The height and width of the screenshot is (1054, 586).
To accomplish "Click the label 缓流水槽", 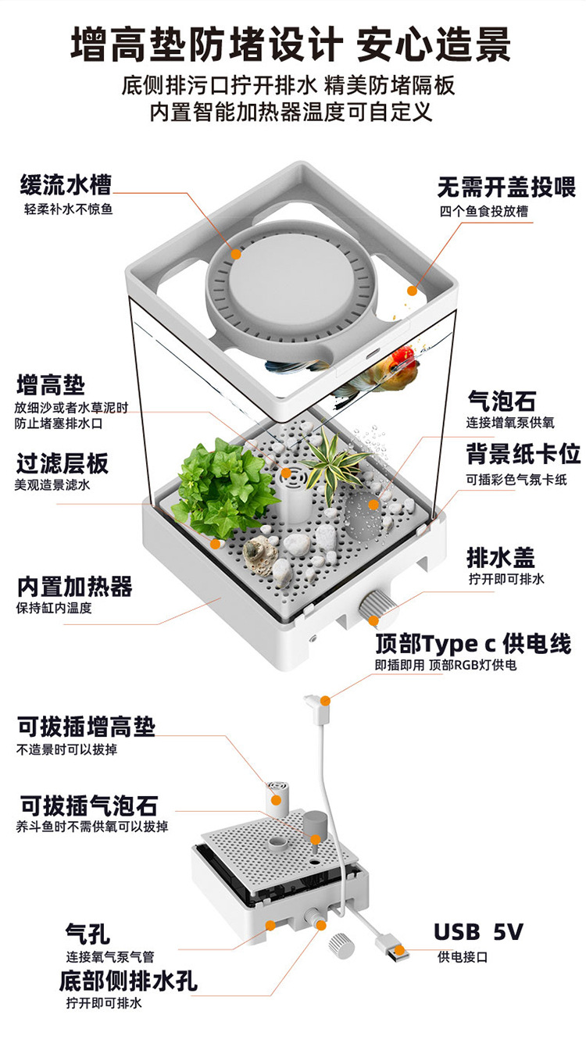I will click(x=66, y=185).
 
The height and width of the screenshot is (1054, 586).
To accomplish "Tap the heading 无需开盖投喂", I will click(x=506, y=188).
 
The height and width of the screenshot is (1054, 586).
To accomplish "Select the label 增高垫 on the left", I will click(x=51, y=385).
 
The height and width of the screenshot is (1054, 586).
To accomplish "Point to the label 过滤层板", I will click(x=63, y=463).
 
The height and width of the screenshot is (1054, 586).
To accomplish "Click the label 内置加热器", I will click(x=74, y=586).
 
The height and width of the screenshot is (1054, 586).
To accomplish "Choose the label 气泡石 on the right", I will click(x=501, y=402).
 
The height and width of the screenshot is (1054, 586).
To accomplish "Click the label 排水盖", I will click(x=501, y=558).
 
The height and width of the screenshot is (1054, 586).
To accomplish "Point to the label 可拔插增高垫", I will click(x=86, y=727).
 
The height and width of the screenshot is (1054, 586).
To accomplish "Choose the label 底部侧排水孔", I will click(x=128, y=980).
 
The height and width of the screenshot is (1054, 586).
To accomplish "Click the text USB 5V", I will click(x=478, y=932).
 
